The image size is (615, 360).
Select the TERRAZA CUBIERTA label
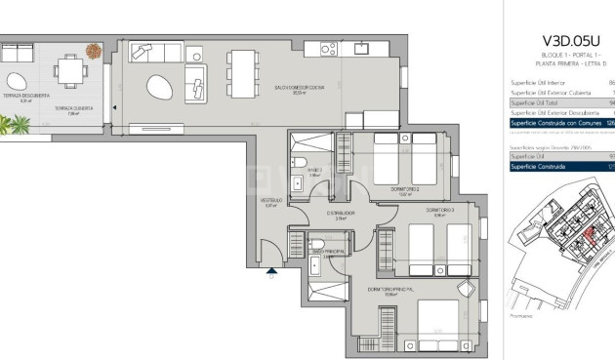point(73,107)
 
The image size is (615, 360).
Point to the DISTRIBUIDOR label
point(340,214)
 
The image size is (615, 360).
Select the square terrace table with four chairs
point(69,69)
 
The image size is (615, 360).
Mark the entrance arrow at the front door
point(270,276)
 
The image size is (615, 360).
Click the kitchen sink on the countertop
point(358,47)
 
